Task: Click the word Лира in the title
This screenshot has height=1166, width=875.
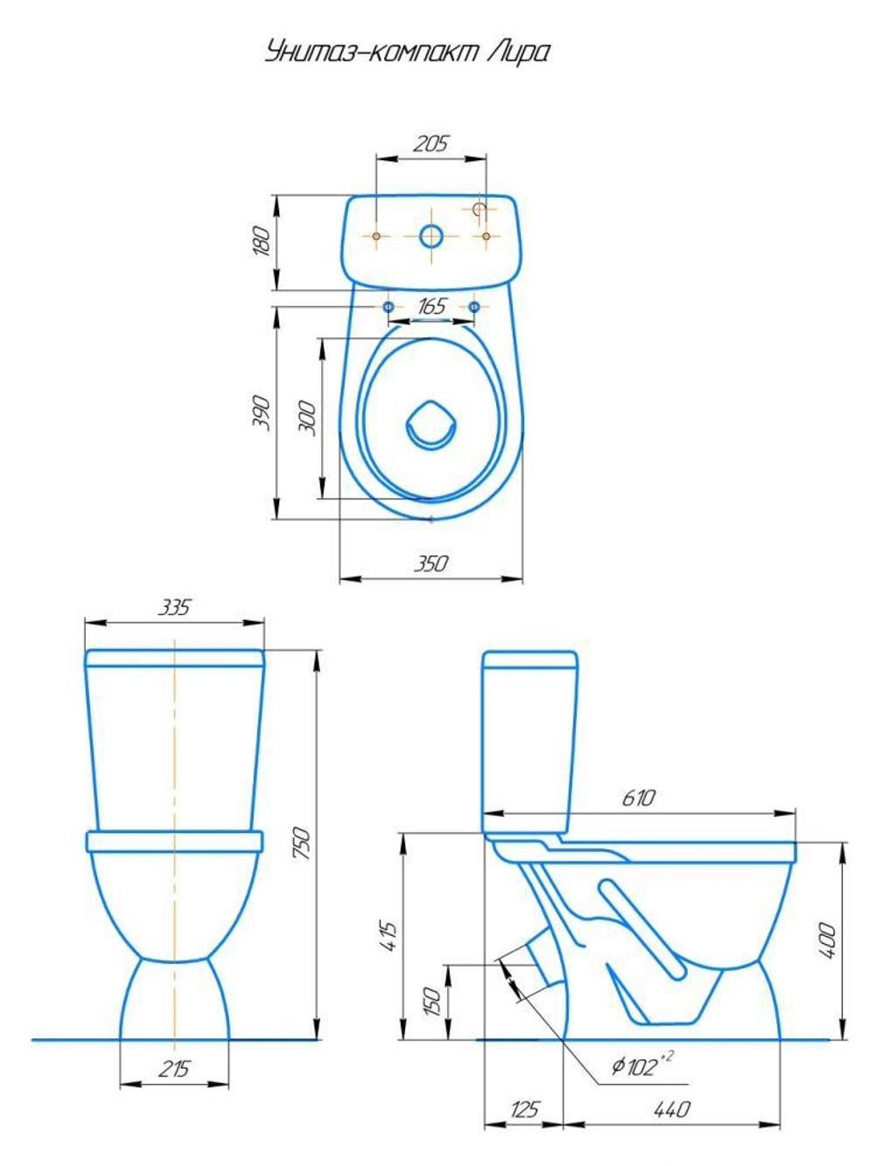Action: tap(517, 52)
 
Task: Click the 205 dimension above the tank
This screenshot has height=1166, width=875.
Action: tap(430, 143)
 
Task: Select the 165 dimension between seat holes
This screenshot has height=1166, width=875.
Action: tap(431, 306)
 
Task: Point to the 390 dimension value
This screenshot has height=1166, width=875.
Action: tap(261, 412)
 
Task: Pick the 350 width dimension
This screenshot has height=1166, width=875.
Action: tap(430, 563)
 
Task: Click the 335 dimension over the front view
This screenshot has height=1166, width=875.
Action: tap(174, 607)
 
